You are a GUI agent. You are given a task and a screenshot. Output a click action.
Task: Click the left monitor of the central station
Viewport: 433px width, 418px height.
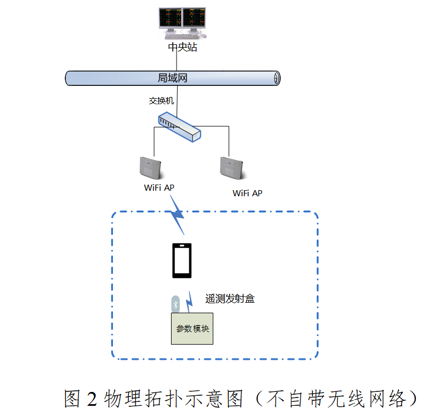[x=170, y=19]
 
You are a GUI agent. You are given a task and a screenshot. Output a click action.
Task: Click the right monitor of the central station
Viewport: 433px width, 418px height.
[x=194, y=19]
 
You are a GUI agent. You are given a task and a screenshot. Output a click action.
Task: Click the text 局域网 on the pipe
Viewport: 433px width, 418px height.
[x=173, y=78]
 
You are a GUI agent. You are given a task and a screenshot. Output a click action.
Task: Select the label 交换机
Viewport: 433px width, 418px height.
[x=161, y=101]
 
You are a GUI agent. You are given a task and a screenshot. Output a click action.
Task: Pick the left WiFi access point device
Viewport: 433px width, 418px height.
[x=150, y=167]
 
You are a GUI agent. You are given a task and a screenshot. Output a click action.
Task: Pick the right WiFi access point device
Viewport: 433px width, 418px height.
[x=232, y=167]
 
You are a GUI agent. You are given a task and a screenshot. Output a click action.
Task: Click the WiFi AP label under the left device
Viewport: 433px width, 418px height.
[x=159, y=187]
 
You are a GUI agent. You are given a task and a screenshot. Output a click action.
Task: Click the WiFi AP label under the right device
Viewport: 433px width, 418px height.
[x=248, y=193]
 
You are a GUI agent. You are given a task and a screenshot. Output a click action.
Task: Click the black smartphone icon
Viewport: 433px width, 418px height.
[x=182, y=260]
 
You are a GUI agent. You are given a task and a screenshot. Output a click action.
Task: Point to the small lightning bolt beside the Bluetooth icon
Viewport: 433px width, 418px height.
[x=190, y=302]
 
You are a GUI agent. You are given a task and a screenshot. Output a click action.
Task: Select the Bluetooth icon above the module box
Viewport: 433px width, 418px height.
[x=176, y=304]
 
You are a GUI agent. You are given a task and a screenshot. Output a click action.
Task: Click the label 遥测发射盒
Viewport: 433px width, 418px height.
[x=230, y=299]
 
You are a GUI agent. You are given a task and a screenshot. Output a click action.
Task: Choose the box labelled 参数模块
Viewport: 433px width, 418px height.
[x=192, y=328]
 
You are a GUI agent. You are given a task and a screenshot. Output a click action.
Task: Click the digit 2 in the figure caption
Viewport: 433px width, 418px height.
[x=92, y=399]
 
